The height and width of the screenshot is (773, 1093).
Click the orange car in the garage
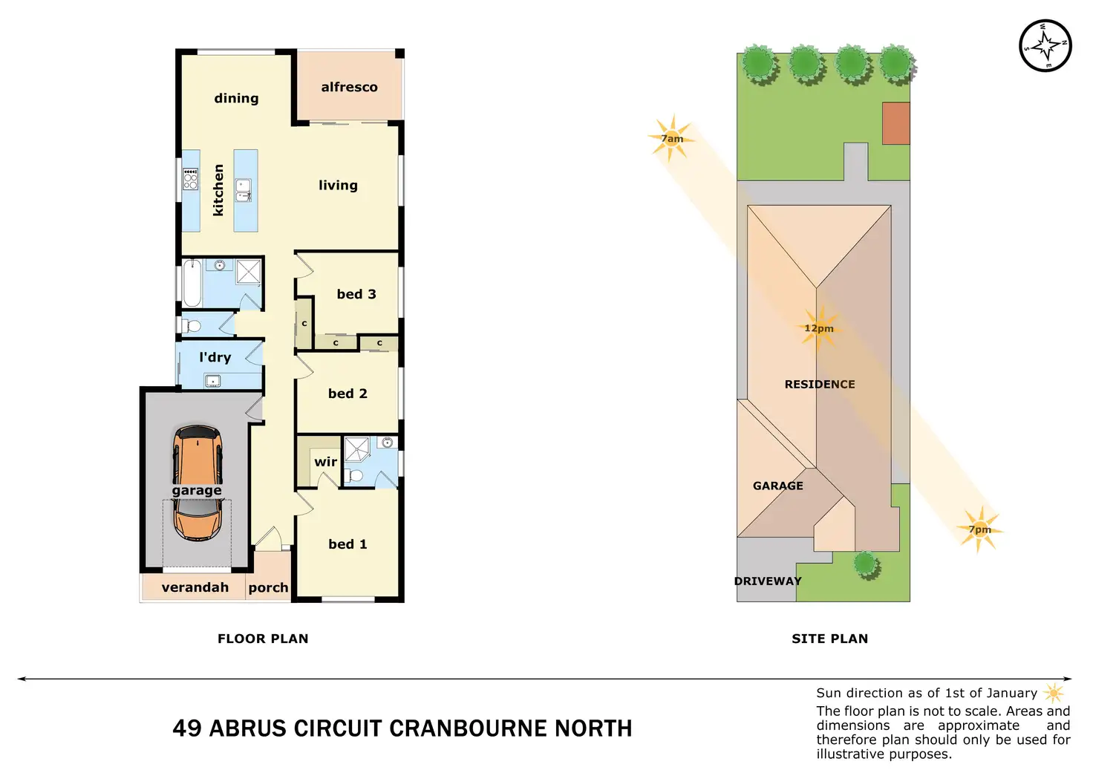pyautogui.click(x=197, y=483)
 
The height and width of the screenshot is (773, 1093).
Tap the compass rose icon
pyautogui.click(x=1045, y=45)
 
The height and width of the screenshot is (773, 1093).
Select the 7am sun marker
pyautogui.click(x=672, y=138)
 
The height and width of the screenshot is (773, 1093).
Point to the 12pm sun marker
pyautogui.click(x=818, y=328)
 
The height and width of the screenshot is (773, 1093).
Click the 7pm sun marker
pyautogui.click(x=979, y=529)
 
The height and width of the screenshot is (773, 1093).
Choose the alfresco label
pyautogui.click(x=349, y=87)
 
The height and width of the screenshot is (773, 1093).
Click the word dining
pyautogui.click(x=236, y=98)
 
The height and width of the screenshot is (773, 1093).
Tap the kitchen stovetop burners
pyautogui.click(x=191, y=179)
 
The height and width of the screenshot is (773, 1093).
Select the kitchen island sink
pyautogui.click(x=243, y=190)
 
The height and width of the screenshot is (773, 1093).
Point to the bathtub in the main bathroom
pyautogui.click(x=192, y=283)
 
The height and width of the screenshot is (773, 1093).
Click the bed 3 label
pyautogui.click(x=356, y=294)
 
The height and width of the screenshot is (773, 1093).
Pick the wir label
pyautogui.click(x=325, y=462)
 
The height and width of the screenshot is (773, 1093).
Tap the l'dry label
pyautogui.click(x=215, y=357)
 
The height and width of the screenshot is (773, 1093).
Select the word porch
pyautogui.click(x=268, y=587)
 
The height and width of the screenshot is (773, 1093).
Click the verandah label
pyautogui.click(x=195, y=587)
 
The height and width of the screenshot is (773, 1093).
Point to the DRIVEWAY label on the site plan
pyautogui.click(x=768, y=581)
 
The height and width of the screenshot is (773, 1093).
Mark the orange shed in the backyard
pyautogui.click(x=895, y=123)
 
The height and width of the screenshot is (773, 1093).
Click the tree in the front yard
pyautogui.click(x=865, y=564)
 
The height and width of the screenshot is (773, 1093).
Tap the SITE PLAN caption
pyautogui.click(x=829, y=639)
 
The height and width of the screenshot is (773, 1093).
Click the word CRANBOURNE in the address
pyautogui.click(x=457, y=728)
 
